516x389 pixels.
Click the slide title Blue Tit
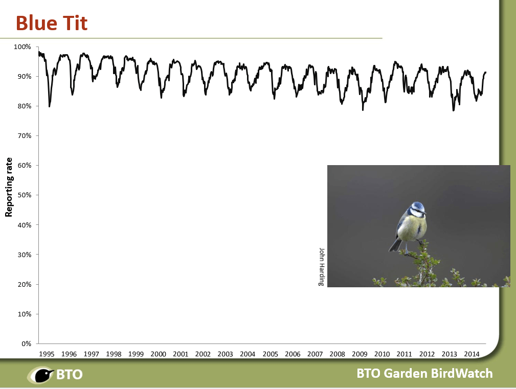52,23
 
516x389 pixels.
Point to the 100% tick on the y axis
23,47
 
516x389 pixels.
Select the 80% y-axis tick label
25,106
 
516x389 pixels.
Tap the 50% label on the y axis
25,195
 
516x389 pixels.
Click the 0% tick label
26,344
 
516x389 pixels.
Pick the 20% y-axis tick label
25,284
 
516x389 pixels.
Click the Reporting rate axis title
9,187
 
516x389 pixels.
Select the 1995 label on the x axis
47,354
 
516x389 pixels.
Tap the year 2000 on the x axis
159,354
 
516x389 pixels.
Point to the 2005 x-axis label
270,354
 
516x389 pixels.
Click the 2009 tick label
360,354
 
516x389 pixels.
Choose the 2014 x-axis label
472,354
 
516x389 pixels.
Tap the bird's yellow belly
413,228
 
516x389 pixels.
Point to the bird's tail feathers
395,245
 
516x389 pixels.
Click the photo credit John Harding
322,267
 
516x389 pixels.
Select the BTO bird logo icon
41,375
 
